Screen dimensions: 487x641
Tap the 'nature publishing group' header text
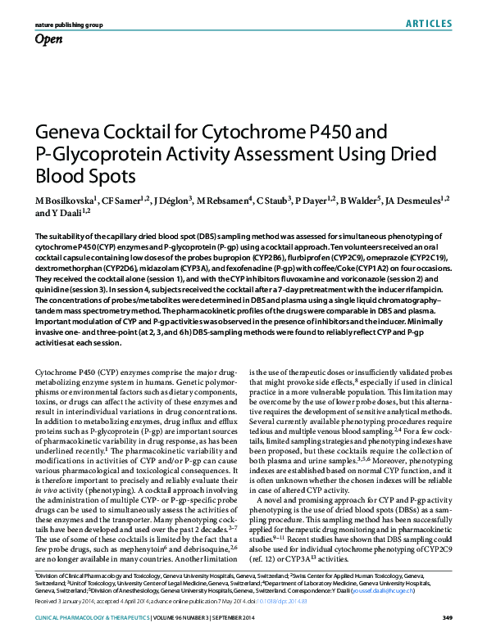tap(69, 25)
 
